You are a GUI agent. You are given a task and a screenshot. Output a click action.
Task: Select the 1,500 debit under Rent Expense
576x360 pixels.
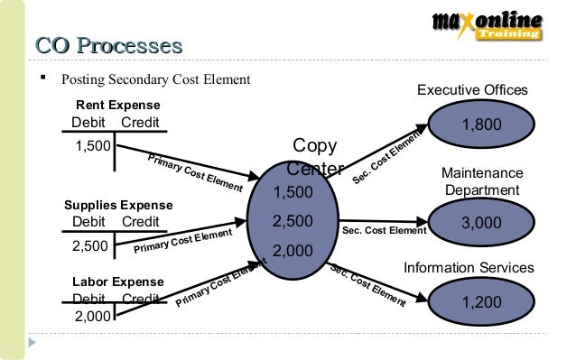pyautogui.click(x=92, y=145)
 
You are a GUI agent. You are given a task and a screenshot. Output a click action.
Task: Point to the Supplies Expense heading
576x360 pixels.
pyautogui.click(x=118, y=205)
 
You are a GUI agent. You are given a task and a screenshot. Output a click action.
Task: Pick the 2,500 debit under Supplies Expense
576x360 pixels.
pyautogui.click(x=89, y=245)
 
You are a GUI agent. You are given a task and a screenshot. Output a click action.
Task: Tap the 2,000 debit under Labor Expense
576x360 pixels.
pyautogui.click(x=93, y=315)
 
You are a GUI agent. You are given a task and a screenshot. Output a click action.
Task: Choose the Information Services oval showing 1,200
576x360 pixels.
pyautogui.click(x=481, y=302)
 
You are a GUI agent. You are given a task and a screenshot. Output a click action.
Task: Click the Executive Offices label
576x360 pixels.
pyautogui.click(x=471, y=90)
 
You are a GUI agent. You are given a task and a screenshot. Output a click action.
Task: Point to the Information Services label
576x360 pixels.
pyautogui.click(x=469, y=268)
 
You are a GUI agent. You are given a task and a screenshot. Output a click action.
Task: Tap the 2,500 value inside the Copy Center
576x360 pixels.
pyautogui.click(x=293, y=221)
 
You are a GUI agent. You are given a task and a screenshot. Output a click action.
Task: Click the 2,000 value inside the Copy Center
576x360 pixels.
pyautogui.click(x=293, y=251)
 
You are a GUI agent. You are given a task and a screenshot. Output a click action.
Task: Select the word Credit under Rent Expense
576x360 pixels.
pyautogui.click(x=140, y=123)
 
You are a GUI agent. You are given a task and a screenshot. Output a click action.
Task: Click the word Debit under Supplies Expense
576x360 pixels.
pyautogui.click(x=88, y=222)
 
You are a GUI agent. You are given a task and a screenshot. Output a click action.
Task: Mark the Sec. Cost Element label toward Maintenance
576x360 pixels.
pyautogui.click(x=385, y=231)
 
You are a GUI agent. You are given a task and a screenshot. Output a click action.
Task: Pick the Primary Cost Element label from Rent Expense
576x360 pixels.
pyautogui.click(x=194, y=172)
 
